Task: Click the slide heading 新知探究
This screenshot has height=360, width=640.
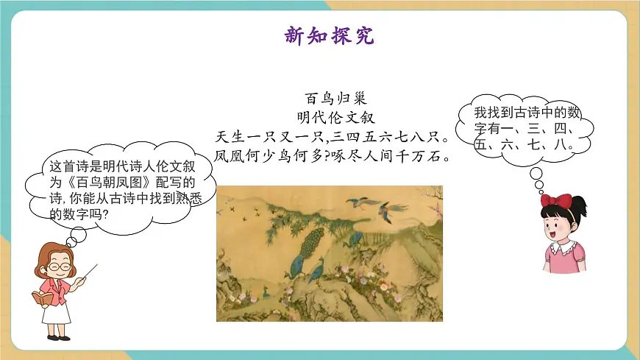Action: (329, 35)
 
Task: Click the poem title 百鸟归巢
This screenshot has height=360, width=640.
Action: (330, 98)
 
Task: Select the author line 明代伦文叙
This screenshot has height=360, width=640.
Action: (330, 117)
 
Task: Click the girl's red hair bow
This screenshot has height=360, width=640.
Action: (556, 200)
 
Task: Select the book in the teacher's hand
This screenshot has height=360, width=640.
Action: (41, 298)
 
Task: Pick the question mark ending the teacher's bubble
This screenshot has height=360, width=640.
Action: (105, 214)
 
